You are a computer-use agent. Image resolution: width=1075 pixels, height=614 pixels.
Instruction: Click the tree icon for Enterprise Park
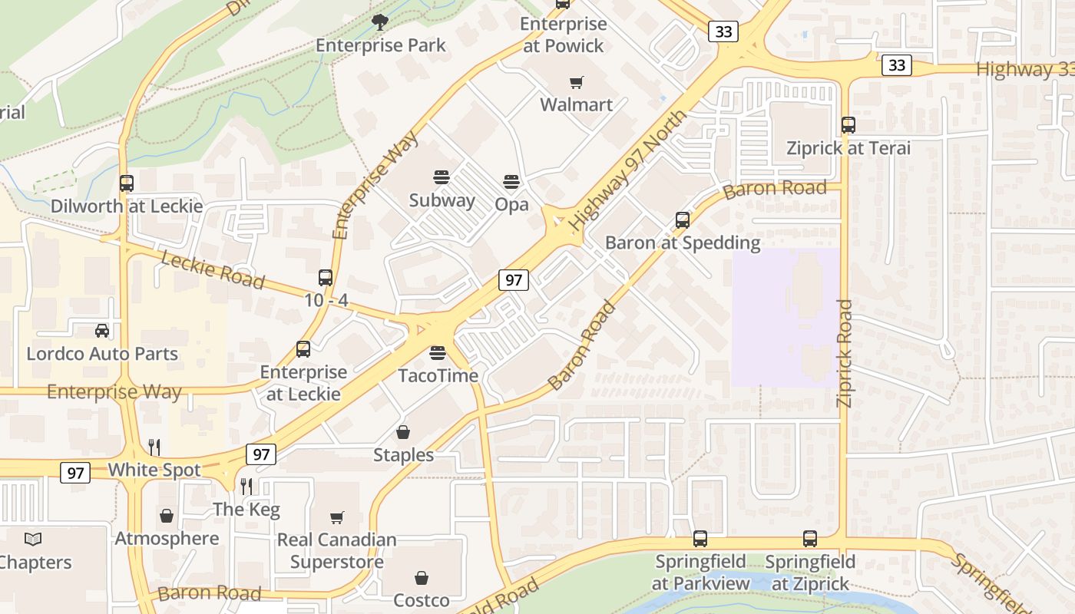(379, 21)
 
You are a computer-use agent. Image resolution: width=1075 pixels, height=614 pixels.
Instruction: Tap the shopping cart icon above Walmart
(577, 82)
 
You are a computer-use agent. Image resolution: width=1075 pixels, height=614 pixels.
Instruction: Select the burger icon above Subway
(442, 177)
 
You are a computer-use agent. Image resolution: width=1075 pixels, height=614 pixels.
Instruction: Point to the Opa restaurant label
(511, 204)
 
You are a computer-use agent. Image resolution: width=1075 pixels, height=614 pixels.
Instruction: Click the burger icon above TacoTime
(438, 353)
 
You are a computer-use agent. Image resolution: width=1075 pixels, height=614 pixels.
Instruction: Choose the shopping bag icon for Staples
(403, 433)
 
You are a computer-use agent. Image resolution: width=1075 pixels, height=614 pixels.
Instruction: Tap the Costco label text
(421, 599)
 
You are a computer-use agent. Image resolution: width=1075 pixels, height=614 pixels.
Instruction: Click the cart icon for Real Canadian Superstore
(336, 517)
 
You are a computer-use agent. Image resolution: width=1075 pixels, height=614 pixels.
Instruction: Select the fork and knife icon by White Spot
(154, 447)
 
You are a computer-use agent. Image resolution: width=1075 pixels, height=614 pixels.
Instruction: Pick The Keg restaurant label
(246, 509)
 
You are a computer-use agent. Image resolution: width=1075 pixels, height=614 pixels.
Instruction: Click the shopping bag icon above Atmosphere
(167, 516)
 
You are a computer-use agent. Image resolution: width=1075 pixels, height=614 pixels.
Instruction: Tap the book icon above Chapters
(33, 539)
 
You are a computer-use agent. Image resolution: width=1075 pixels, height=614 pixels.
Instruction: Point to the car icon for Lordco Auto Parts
(101, 331)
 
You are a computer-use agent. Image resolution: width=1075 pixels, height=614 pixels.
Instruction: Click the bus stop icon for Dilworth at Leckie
(127, 183)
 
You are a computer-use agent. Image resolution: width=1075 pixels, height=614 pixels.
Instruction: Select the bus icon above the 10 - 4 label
(326, 277)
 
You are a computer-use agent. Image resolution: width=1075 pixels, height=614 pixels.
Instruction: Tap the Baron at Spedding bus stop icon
(683, 220)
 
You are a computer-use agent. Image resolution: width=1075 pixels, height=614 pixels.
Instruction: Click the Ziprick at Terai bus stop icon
(848, 124)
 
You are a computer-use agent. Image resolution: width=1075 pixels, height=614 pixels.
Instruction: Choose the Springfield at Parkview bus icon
(700, 539)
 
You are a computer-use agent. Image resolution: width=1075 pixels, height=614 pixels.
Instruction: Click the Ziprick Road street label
(845, 353)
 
